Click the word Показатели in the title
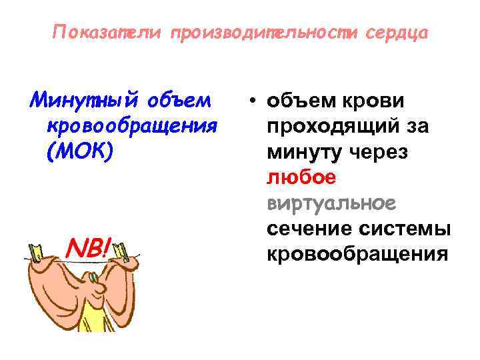pos(106,33)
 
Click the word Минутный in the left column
pos(79,101)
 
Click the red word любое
pos(301,177)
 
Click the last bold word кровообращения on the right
pos(357,255)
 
